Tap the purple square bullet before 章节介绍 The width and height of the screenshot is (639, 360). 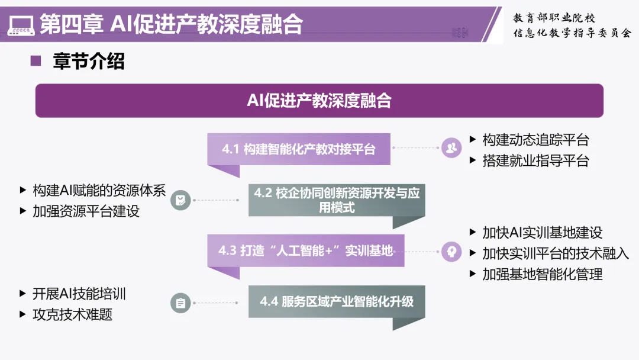point(35,60)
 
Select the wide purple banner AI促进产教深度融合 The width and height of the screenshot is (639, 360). point(319,101)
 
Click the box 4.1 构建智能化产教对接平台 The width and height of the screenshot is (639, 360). point(299,149)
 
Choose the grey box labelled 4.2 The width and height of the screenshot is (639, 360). point(337,200)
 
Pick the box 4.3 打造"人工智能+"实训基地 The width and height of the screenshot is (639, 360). point(305,250)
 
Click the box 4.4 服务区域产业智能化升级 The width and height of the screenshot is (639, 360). point(337,301)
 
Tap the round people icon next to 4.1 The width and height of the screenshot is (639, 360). point(451,147)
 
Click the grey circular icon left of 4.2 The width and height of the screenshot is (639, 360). point(180,200)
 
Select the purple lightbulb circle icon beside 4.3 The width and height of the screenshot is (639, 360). point(451,250)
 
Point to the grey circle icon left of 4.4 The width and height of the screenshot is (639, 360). point(180,303)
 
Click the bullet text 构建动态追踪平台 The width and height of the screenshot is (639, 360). point(535,140)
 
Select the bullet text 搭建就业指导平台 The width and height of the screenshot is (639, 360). point(535,160)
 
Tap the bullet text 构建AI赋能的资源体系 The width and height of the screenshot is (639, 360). point(99,191)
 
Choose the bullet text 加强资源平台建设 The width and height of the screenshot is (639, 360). point(86,211)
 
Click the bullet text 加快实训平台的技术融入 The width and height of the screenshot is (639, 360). point(556,253)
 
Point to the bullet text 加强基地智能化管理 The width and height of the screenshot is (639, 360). point(542,274)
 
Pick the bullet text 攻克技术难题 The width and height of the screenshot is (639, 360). point(72,314)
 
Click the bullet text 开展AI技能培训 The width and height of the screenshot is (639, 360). point(79,294)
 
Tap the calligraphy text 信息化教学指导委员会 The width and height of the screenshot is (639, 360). point(572,33)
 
